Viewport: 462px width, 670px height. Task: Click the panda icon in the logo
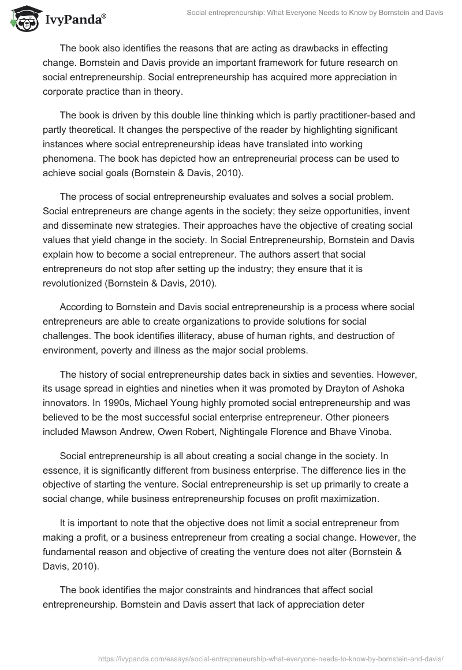22,20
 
